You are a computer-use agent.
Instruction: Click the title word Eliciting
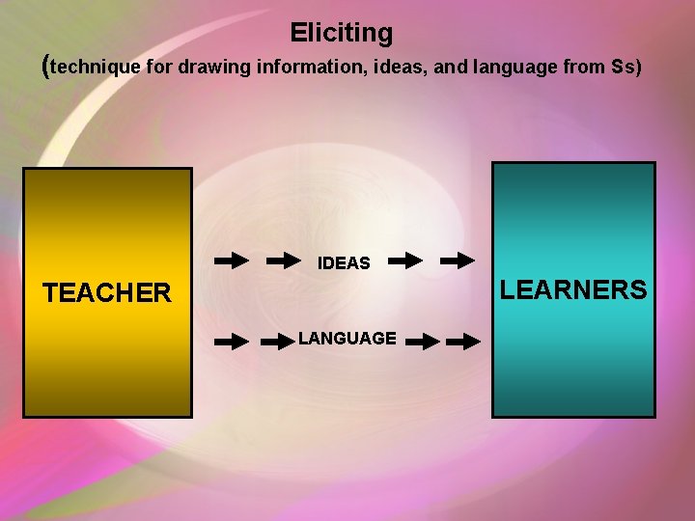coord(341,33)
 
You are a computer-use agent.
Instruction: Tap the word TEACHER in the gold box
coord(106,293)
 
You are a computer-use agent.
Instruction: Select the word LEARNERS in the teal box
coord(573,289)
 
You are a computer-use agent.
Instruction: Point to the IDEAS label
coord(344,262)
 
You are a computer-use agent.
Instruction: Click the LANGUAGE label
coord(347,339)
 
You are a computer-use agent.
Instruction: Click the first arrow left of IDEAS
coord(231,260)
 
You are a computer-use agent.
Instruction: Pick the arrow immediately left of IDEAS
coord(284,260)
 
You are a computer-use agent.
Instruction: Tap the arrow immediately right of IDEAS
coord(404,260)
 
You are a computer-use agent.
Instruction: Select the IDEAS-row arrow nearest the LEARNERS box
coord(458,260)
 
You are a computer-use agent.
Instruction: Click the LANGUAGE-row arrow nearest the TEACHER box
coord(231,341)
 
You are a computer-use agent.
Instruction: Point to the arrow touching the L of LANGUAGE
coord(280,341)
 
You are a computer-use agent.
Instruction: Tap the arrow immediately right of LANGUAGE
coord(423,341)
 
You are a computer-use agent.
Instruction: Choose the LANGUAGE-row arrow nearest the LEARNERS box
coord(463,341)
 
